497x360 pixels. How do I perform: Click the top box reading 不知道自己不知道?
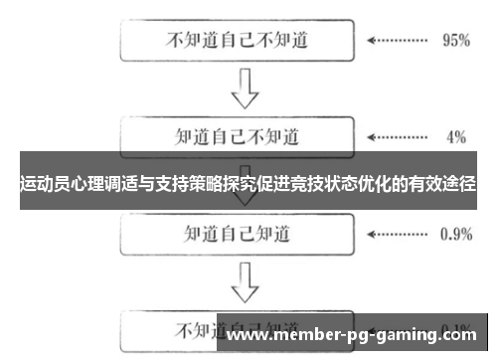pyautogui.click(x=236, y=42)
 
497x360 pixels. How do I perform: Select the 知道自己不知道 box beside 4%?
pyautogui.click(x=236, y=135)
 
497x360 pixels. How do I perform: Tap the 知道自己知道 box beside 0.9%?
pyautogui.click(x=236, y=234)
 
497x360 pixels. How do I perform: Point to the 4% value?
pyautogui.click(x=456, y=135)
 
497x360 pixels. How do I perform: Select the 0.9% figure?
pyautogui.click(x=454, y=235)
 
